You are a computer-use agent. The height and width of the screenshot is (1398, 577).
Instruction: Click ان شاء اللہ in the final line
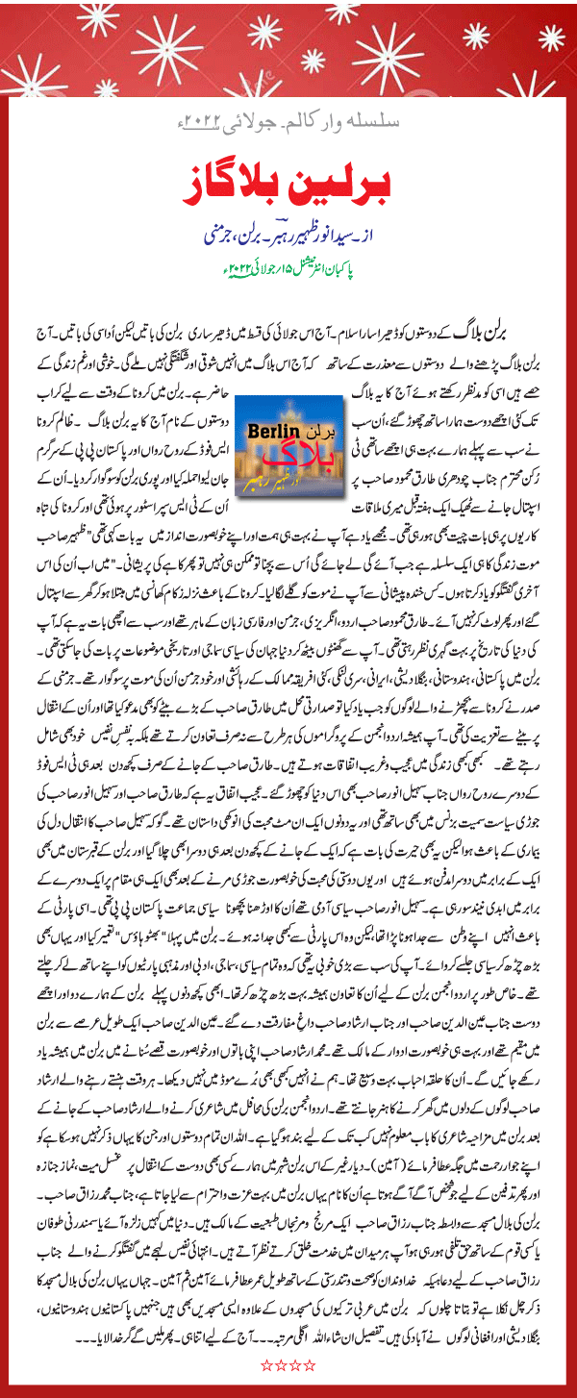301,1337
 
